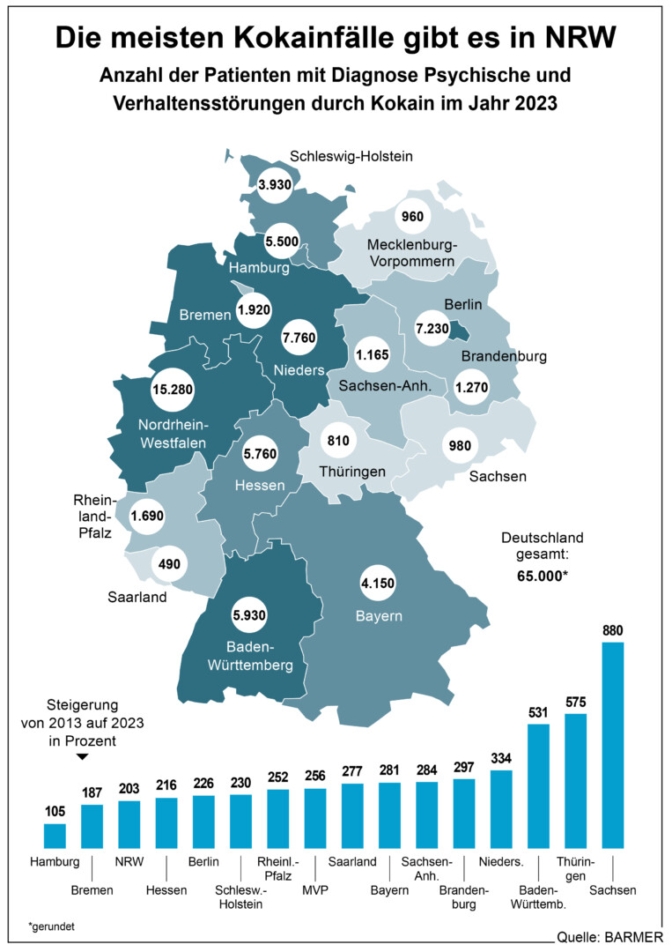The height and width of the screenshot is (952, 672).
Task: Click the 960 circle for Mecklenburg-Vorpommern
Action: click(x=412, y=216)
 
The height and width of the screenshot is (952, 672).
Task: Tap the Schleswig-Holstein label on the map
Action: click(x=351, y=156)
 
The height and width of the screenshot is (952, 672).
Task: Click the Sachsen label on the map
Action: click(x=498, y=477)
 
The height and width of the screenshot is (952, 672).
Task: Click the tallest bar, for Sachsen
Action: click(x=613, y=745)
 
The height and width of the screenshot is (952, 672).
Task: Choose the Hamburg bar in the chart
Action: click(x=55, y=836)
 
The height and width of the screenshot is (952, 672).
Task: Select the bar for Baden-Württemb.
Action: click(x=538, y=785)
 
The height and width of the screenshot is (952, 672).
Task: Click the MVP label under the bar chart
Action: click(x=315, y=890)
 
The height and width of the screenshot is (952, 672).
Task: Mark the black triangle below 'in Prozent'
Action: click(x=82, y=757)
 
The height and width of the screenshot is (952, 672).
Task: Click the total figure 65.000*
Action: click(x=543, y=576)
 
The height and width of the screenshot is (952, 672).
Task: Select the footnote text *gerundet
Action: click(x=52, y=927)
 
